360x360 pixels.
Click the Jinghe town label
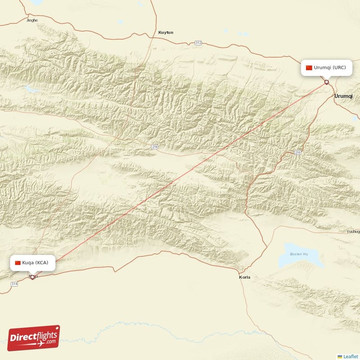click(x=32, y=20)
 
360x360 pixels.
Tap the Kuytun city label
click(x=166, y=32)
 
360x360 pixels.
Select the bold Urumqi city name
click(x=344, y=96)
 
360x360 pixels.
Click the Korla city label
click(x=244, y=277)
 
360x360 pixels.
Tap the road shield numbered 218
click(x=155, y=147)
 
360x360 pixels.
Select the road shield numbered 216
click(x=297, y=153)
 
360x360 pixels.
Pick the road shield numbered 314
click(x=14, y=283)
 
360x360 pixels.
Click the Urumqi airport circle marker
click(x=327, y=82)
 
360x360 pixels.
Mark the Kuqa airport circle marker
click(x=32, y=277)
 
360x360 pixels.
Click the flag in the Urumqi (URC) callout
click(x=309, y=67)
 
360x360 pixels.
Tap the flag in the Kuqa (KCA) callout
click(x=18, y=263)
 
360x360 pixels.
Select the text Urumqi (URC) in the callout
click(x=330, y=67)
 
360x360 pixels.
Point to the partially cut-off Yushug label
click(x=353, y=232)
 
